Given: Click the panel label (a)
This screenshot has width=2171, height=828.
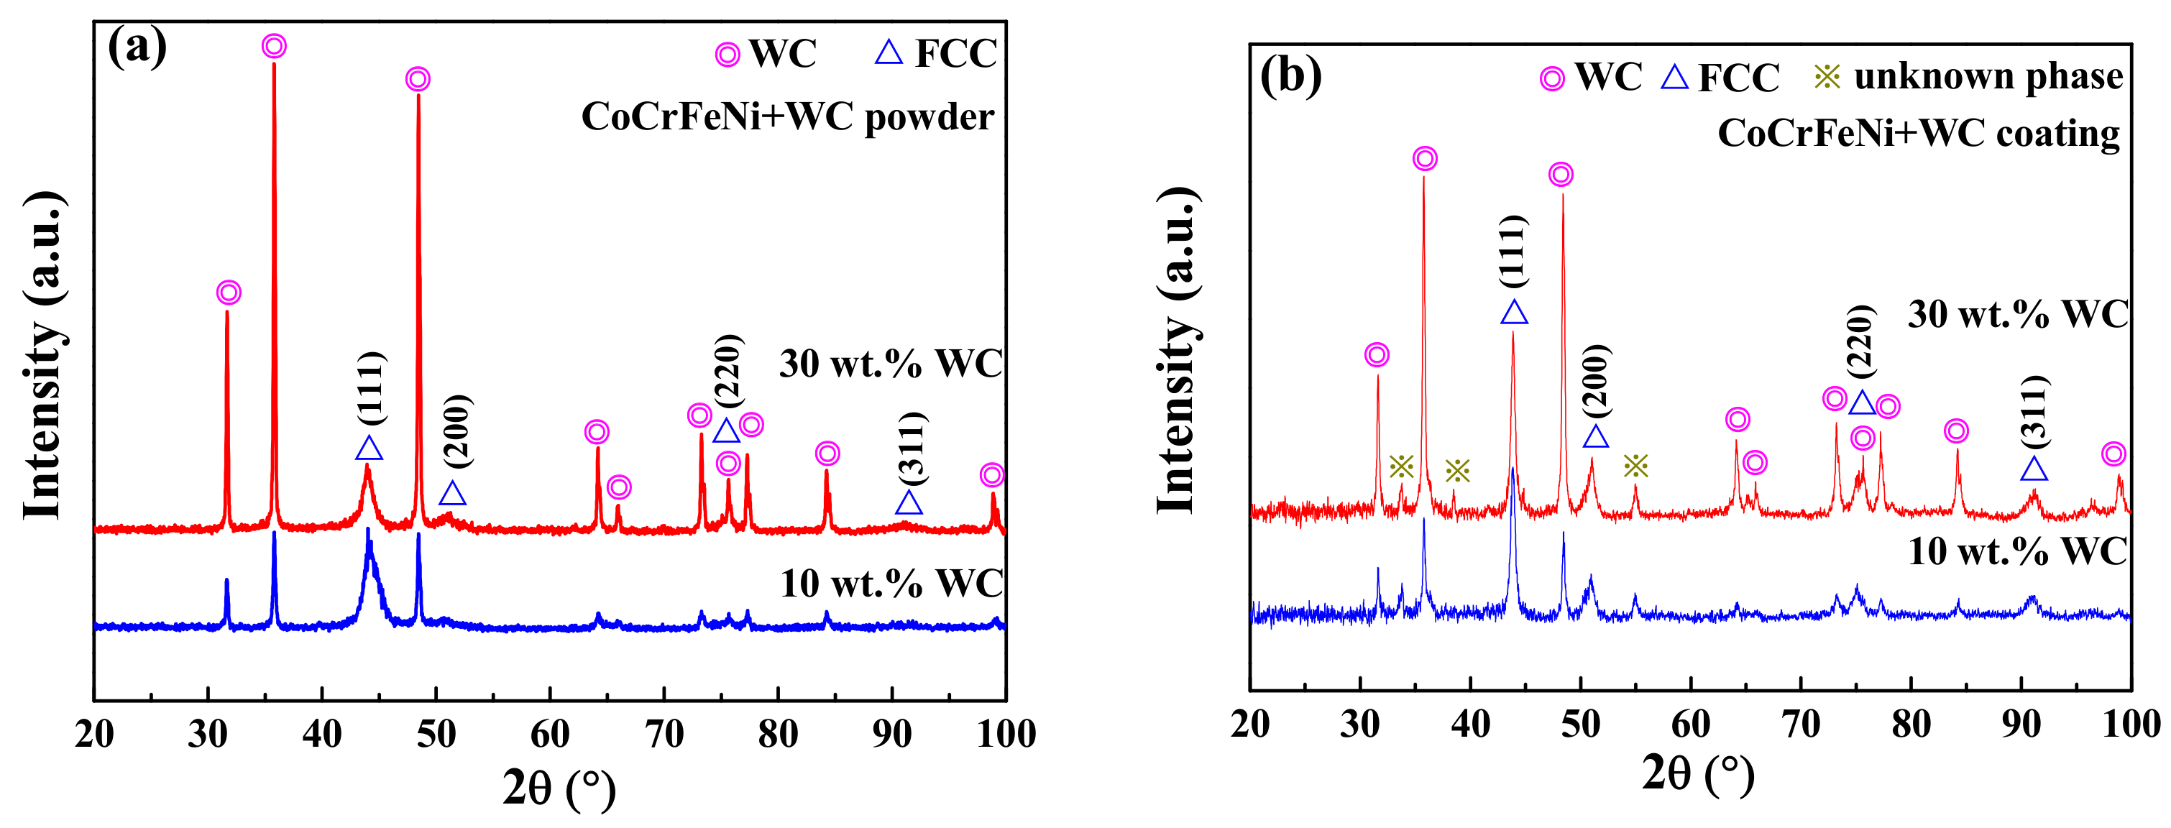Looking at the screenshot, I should pyautogui.click(x=137, y=47).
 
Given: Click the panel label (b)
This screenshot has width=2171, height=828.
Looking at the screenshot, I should pyautogui.click(x=1290, y=75).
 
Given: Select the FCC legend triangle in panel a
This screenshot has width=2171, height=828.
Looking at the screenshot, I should pyautogui.click(x=889, y=53).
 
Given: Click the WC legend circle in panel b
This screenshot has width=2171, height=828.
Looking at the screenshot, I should pyautogui.click(x=1551, y=79).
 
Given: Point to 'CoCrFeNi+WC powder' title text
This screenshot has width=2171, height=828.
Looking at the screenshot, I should pyautogui.click(x=787, y=116).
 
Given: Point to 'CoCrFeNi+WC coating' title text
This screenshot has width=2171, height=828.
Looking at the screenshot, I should pyautogui.click(x=1918, y=133).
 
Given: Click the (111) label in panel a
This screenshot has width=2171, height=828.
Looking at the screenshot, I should pyautogui.click(x=372, y=387).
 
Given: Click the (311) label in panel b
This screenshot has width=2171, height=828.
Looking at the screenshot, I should pyautogui.click(x=2034, y=411).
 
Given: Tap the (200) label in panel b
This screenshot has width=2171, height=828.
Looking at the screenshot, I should pyautogui.click(x=1595, y=381).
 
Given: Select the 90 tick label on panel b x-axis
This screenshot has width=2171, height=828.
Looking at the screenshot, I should pyautogui.click(x=2021, y=724).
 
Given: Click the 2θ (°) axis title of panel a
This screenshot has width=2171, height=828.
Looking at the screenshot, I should pyautogui.click(x=559, y=788).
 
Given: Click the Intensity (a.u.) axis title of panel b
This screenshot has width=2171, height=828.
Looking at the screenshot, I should pyautogui.click(x=1177, y=349).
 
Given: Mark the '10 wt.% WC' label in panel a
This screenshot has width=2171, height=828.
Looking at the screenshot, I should pyautogui.click(x=891, y=584).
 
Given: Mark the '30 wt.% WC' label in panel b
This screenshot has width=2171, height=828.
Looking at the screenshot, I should pyautogui.click(x=2018, y=314).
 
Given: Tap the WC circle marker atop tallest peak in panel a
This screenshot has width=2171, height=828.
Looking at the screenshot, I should pyautogui.click(x=273, y=46).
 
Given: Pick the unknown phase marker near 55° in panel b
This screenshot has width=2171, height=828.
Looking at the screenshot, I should pyautogui.click(x=1635, y=466).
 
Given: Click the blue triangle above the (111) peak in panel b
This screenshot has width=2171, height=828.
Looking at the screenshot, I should pyautogui.click(x=1514, y=313).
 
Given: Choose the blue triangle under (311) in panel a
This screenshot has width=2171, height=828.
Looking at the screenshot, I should pyautogui.click(x=909, y=504).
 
